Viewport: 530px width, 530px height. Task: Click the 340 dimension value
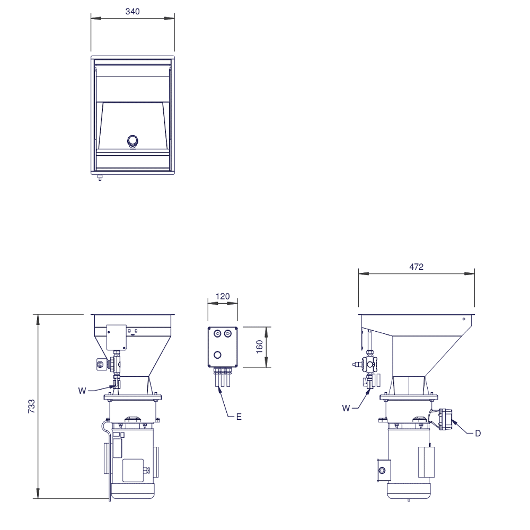click(132, 12)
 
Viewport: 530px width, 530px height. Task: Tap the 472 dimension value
click(417, 267)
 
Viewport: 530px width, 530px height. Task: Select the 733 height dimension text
click(31, 407)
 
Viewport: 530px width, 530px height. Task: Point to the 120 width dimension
click(223, 296)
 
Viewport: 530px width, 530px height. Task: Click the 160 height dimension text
click(260, 347)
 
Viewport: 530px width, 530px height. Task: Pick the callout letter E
click(238, 417)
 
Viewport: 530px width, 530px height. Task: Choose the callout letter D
click(478, 434)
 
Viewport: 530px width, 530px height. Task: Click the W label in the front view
click(82, 391)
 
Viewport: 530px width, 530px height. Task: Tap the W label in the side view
click(346, 408)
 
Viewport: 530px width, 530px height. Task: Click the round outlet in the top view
click(133, 140)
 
